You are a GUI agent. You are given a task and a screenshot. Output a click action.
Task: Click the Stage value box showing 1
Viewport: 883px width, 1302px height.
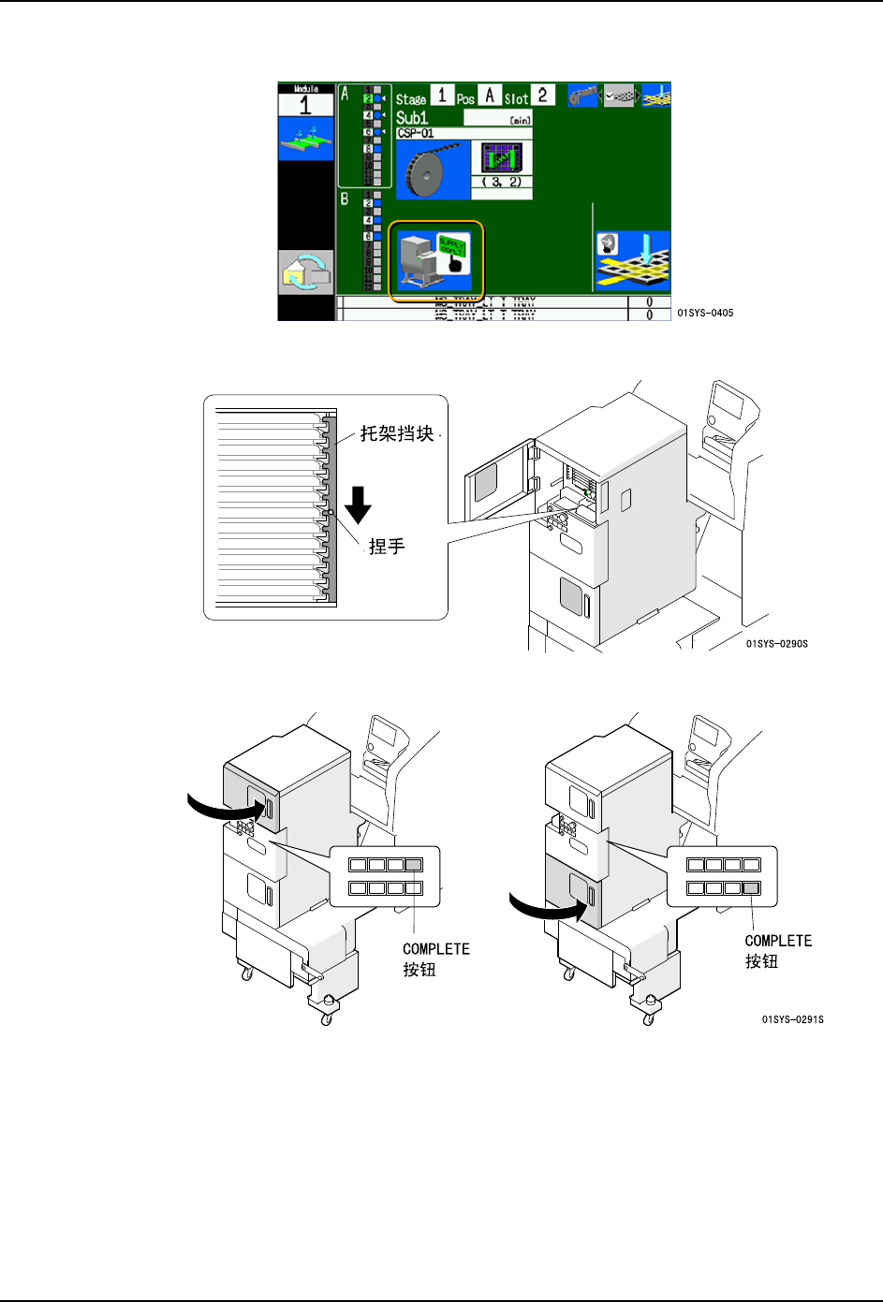(442, 95)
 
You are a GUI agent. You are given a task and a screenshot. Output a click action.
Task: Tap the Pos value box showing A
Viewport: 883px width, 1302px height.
(489, 95)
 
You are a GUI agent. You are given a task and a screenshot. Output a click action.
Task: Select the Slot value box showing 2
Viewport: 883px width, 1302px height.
(542, 95)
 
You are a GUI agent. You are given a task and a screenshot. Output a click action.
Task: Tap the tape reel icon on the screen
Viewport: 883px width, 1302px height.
(433, 170)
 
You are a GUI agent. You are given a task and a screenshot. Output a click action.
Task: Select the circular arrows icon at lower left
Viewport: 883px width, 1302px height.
(306, 272)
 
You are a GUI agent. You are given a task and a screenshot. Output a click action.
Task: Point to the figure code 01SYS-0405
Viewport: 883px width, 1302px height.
(705, 313)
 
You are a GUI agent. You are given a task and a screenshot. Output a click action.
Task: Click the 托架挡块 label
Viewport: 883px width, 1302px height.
(397, 434)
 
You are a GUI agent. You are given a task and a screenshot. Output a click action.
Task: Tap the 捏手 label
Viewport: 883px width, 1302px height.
(387, 547)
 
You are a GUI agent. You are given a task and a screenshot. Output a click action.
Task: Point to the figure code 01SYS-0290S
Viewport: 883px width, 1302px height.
(776, 644)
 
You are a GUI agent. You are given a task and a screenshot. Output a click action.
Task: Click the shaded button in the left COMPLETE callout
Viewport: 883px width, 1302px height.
(414, 865)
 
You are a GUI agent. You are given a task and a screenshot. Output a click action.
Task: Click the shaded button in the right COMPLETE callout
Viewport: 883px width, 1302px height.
(751, 888)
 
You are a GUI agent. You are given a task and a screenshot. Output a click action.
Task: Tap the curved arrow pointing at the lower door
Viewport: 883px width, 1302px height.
(543, 906)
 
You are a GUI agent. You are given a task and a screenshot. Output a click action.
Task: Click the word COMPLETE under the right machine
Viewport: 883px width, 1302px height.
(778, 941)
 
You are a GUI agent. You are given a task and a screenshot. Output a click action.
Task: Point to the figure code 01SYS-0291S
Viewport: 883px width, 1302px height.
(792, 1019)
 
